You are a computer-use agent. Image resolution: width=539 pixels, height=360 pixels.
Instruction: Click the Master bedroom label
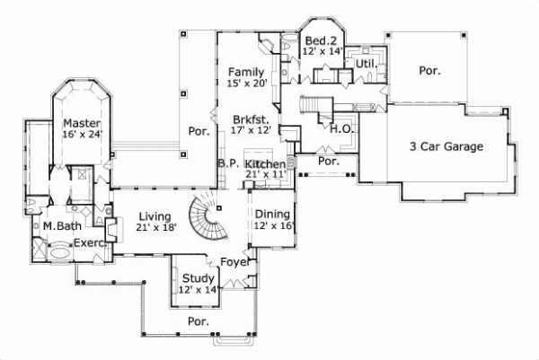(81, 123)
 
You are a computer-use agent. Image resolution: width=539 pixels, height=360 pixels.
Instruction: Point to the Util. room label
(366, 65)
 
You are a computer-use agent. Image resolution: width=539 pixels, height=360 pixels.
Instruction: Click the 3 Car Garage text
(446, 146)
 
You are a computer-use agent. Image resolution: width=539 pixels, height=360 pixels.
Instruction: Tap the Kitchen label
(265, 164)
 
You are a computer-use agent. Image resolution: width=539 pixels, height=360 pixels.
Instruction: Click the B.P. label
(228, 164)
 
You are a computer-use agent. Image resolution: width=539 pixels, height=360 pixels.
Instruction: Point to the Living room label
(155, 215)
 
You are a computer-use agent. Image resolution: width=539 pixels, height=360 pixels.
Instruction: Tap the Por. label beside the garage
(429, 70)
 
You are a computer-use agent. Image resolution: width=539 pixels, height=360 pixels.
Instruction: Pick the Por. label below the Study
(198, 320)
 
